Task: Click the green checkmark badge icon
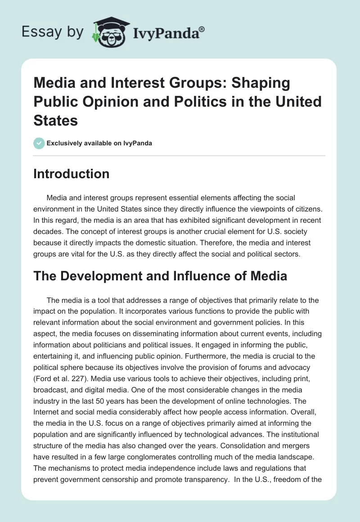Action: pyautogui.click(x=39, y=143)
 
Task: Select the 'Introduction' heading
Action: pyautogui.click(x=71, y=174)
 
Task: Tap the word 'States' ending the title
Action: pyautogui.click(x=56, y=120)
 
